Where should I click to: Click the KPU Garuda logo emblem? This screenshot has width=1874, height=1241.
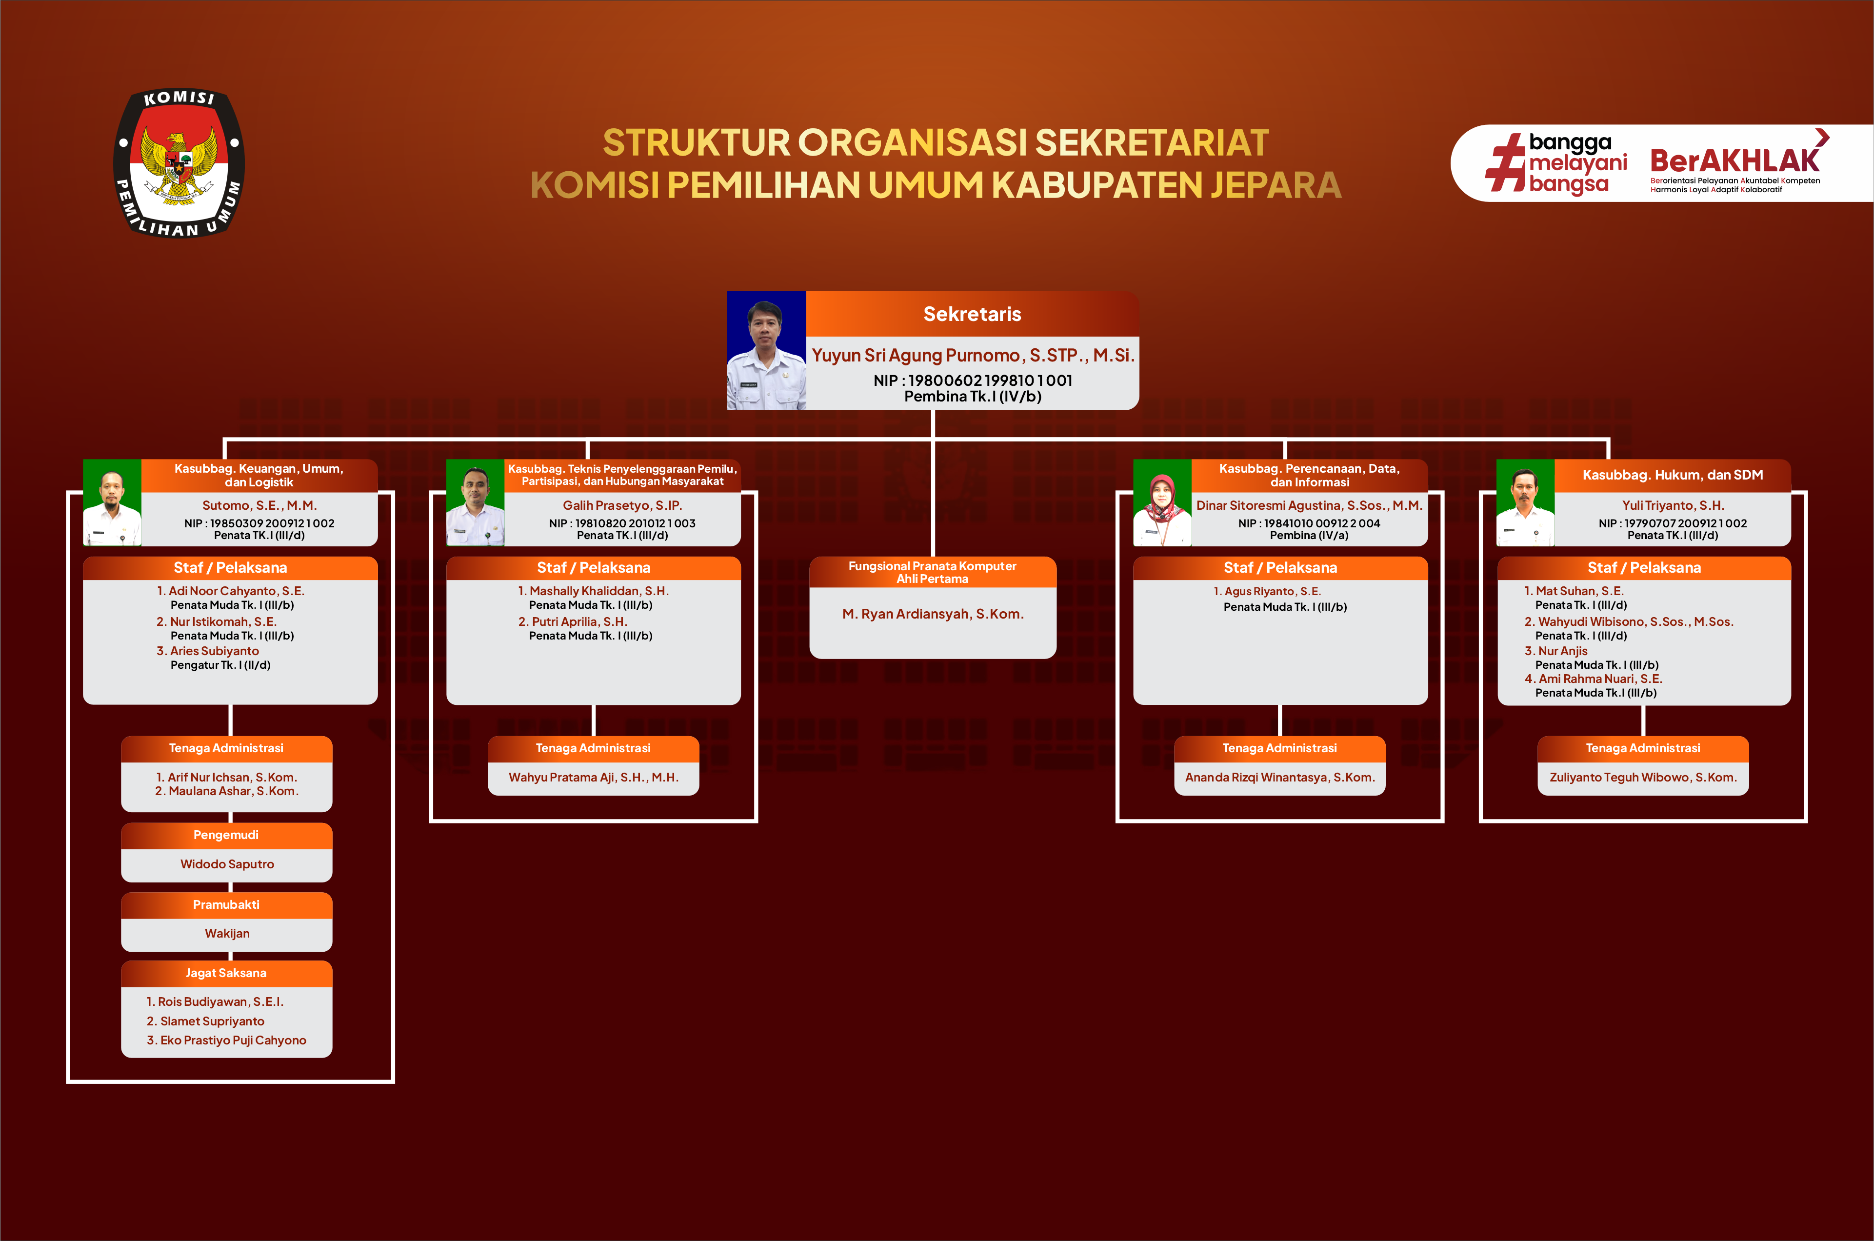click(x=179, y=163)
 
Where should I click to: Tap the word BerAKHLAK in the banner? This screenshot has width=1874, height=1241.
click(x=1734, y=160)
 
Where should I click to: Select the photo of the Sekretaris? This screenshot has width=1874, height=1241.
click(x=766, y=351)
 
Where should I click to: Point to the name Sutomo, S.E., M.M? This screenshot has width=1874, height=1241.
click(x=259, y=505)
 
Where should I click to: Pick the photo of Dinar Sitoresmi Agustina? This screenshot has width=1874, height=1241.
click(x=1162, y=502)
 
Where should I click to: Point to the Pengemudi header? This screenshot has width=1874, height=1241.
click(x=226, y=835)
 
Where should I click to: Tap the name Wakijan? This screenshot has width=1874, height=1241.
click(x=227, y=933)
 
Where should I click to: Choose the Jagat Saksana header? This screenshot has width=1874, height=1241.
click(x=226, y=973)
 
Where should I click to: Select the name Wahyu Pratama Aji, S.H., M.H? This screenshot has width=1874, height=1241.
click(x=594, y=777)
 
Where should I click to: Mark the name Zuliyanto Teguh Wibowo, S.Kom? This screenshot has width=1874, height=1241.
click(x=1643, y=777)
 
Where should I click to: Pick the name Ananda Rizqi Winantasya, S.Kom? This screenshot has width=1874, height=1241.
click(x=1280, y=777)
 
